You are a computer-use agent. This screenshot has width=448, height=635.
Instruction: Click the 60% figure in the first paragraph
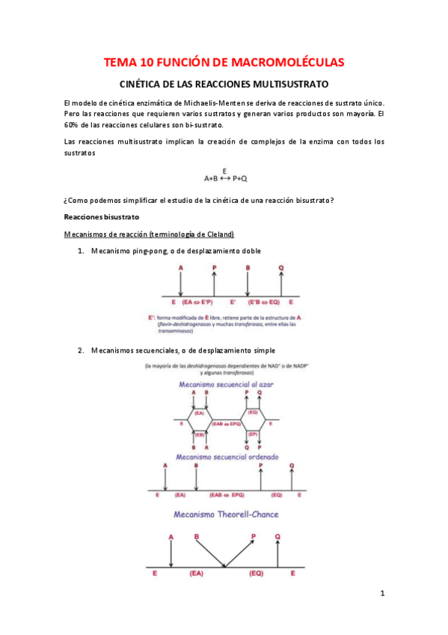pyautogui.click(x=73, y=124)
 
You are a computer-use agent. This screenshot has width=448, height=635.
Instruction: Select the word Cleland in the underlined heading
pyautogui.click(x=218, y=234)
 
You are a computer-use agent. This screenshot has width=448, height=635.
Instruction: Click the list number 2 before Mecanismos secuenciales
pyautogui.click(x=81, y=350)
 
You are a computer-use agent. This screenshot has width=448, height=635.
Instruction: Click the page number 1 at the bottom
pyautogui.click(x=381, y=594)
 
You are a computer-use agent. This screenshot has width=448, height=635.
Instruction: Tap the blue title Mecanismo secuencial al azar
pyautogui.click(x=224, y=383)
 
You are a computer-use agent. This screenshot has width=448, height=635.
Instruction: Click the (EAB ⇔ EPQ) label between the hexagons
pyautogui.click(x=225, y=423)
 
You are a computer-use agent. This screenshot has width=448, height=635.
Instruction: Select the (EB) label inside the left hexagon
pyautogui.click(x=200, y=434)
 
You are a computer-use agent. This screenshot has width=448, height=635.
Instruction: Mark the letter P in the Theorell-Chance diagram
pyautogui.click(x=254, y=536)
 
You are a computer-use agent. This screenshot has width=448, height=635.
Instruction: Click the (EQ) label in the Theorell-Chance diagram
pyautogui.click(x=256, y=573)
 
